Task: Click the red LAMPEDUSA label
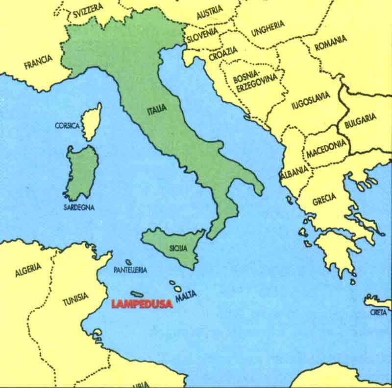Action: (142, 304)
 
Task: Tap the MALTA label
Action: (186, 295)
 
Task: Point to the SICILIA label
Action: (178, 248)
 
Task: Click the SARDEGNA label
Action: (79, 207)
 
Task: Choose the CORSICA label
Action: (67, 126)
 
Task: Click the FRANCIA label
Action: (38, 62)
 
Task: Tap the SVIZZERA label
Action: (88, 11)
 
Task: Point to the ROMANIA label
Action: (331, 43)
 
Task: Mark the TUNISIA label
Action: (75, 298)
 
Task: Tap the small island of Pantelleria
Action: (128, 262)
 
